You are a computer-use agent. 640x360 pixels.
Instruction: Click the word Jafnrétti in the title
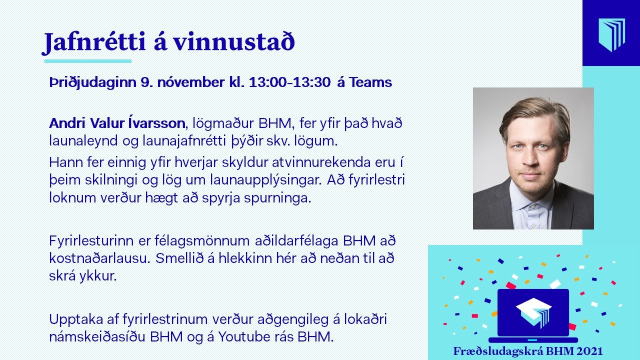tap(94, 43)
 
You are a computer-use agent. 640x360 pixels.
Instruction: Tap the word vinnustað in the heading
tap(234, 42)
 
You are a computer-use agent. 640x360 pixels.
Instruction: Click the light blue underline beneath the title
tap(87, 61)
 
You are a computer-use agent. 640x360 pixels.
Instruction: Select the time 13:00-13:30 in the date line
tap(289, 82)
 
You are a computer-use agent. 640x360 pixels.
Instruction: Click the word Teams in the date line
tap(370, 82)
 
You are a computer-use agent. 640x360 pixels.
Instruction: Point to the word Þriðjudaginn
tap(93, 83)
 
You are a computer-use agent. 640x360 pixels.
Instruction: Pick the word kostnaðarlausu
tap(99, 259)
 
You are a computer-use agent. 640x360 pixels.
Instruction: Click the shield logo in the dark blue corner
tap(612, 35)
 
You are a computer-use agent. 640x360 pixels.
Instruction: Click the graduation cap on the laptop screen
tap(534, 312)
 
